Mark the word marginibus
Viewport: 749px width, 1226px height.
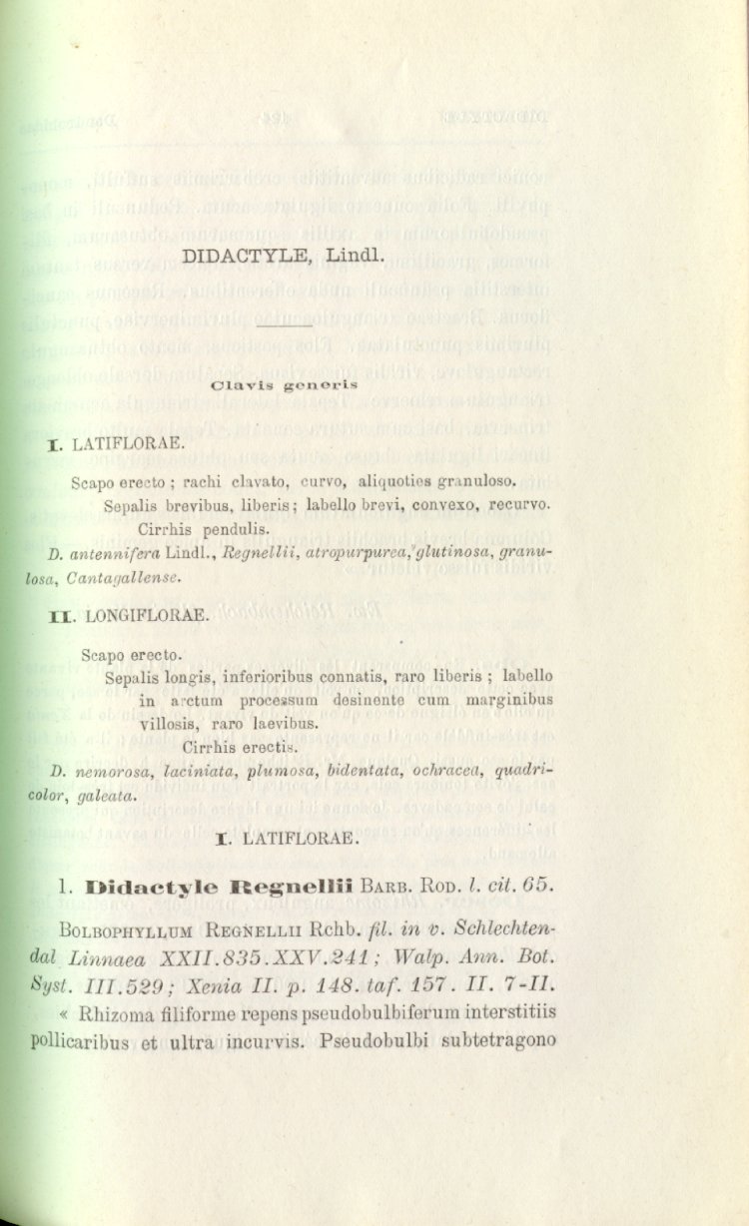click(x=509, y=700)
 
